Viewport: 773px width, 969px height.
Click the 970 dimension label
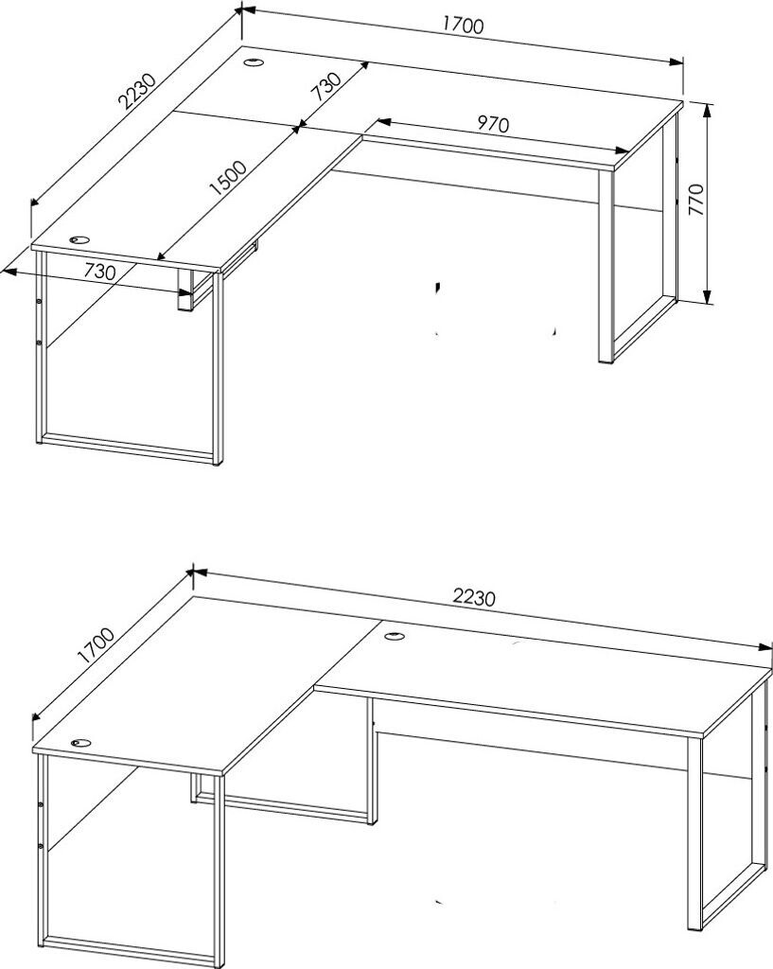[493, 124]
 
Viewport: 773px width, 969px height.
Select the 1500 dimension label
[227, 177]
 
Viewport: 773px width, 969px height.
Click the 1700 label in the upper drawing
[463, 25]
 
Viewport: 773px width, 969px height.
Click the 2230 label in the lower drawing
[474, 598]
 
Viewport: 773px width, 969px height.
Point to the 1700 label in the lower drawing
[95, 645]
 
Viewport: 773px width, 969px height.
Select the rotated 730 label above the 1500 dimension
[325, 86]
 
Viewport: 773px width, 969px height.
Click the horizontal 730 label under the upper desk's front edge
[99, 271]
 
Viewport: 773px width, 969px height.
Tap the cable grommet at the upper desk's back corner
[254, 62]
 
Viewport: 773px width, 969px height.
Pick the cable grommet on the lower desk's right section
[395, 635]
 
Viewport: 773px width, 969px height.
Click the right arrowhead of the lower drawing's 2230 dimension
[764, 646]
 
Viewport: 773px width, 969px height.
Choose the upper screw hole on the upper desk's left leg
[39, 301]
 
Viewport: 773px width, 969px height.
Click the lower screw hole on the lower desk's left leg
[40, 845]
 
